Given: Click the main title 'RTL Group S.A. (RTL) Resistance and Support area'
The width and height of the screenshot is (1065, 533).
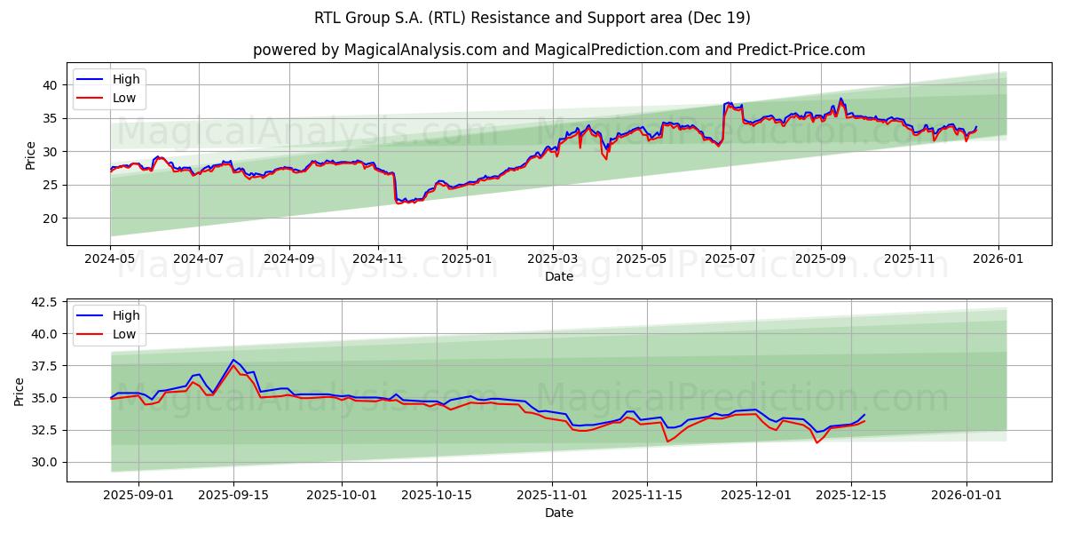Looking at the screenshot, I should coord(532,18).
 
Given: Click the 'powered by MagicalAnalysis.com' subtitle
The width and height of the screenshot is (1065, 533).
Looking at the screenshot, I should coord(559,50).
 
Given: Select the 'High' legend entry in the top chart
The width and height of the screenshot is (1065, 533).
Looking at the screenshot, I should coord(126,79).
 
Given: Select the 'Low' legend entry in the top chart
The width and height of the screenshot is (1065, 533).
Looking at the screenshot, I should coord(124,98).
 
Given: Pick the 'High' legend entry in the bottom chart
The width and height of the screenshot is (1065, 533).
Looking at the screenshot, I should coord(126,315).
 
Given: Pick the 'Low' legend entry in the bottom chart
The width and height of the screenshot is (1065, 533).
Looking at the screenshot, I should coord(124,334).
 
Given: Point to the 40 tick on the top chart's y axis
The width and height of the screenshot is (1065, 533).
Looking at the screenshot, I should coord(50,85).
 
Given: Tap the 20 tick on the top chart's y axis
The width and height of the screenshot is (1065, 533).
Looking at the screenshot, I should coord(50,219).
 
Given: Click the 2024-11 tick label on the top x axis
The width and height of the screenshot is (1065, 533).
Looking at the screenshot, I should coord(378,259).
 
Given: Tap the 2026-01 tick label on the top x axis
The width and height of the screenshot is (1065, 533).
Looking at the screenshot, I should coord(998,259).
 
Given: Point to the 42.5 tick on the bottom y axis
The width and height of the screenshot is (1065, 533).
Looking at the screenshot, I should coord(44,303).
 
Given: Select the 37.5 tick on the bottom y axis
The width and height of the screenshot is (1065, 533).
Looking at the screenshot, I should coord(44,366).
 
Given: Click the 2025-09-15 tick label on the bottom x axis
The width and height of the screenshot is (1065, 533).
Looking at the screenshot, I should coord(234,495).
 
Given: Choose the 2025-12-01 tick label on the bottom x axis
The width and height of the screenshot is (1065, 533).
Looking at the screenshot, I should coord(756,495).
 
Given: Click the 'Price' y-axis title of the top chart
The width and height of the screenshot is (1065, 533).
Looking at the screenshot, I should coord(31,155).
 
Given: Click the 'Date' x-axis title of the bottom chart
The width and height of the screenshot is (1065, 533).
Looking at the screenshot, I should coord(559,513).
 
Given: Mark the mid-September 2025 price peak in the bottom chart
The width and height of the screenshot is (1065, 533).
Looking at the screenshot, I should coord(233,361).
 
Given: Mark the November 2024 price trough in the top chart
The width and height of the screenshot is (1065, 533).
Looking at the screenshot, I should coord(398,203).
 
